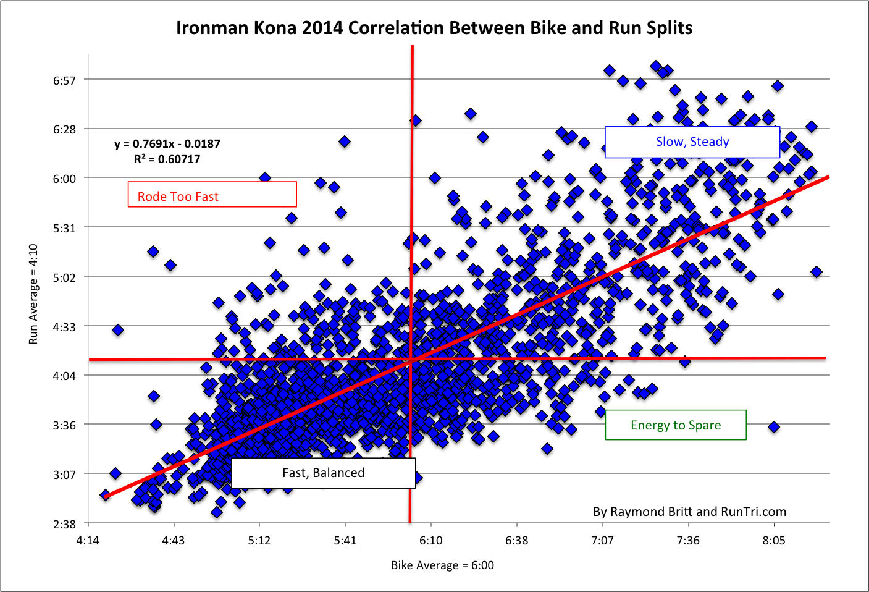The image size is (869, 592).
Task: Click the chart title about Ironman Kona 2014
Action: tap(434, 28)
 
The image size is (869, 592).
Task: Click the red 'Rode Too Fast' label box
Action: tap(212, 195)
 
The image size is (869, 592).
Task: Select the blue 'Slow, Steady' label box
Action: tap(692, 142)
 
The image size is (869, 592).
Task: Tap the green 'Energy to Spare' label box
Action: tap(675, 425)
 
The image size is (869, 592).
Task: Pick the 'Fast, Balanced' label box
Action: tap(323, 473)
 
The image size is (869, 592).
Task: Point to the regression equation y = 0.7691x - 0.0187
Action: tap(167, 144)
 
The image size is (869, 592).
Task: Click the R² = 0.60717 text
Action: tap(167, 159)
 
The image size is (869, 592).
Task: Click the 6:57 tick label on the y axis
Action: tap(64, 80)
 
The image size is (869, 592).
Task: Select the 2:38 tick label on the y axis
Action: tap(64, 524)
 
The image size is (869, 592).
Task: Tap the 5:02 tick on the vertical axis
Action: tap(64, 277)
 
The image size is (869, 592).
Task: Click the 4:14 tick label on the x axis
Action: tap(88, 541)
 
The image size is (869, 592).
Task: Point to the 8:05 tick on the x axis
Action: tap(773, 541)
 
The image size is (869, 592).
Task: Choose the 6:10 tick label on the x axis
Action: tap(430, 541)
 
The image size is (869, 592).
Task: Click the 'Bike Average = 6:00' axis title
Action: tap(442, 565)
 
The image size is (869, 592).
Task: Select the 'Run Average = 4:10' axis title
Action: tap(33, 294)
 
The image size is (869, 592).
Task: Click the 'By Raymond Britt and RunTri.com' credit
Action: tap(689, 512)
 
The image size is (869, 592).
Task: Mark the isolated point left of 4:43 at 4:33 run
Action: tap(117, 330)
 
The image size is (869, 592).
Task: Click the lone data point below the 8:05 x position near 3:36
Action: tap(773, 427)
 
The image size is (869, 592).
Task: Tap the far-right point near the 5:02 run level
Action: tap(817, 272)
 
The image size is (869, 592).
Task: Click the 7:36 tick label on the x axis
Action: tap(688, 541)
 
